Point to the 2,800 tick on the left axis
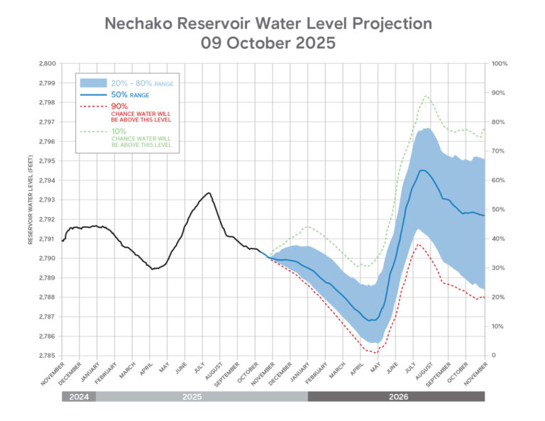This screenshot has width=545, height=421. tap(46, 64)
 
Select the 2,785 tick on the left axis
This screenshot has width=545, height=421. tap(46, 356)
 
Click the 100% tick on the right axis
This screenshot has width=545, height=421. tap(500, 64)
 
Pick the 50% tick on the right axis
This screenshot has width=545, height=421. tap(498, 209)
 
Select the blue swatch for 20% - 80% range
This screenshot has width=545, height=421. tap(94, 83)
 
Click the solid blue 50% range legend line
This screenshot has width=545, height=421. tap(94, 94)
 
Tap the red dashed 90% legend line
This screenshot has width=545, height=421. tap(94, 106)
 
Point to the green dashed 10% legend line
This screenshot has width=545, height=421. tap(94, 131)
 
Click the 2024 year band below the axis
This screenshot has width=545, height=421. tap(78, 396)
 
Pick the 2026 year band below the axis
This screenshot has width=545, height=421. tap(396, 396)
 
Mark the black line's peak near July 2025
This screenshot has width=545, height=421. tap(209, 192)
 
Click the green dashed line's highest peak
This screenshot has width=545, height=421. tap(426, 95)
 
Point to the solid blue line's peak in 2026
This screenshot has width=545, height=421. tap(423, 170)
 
